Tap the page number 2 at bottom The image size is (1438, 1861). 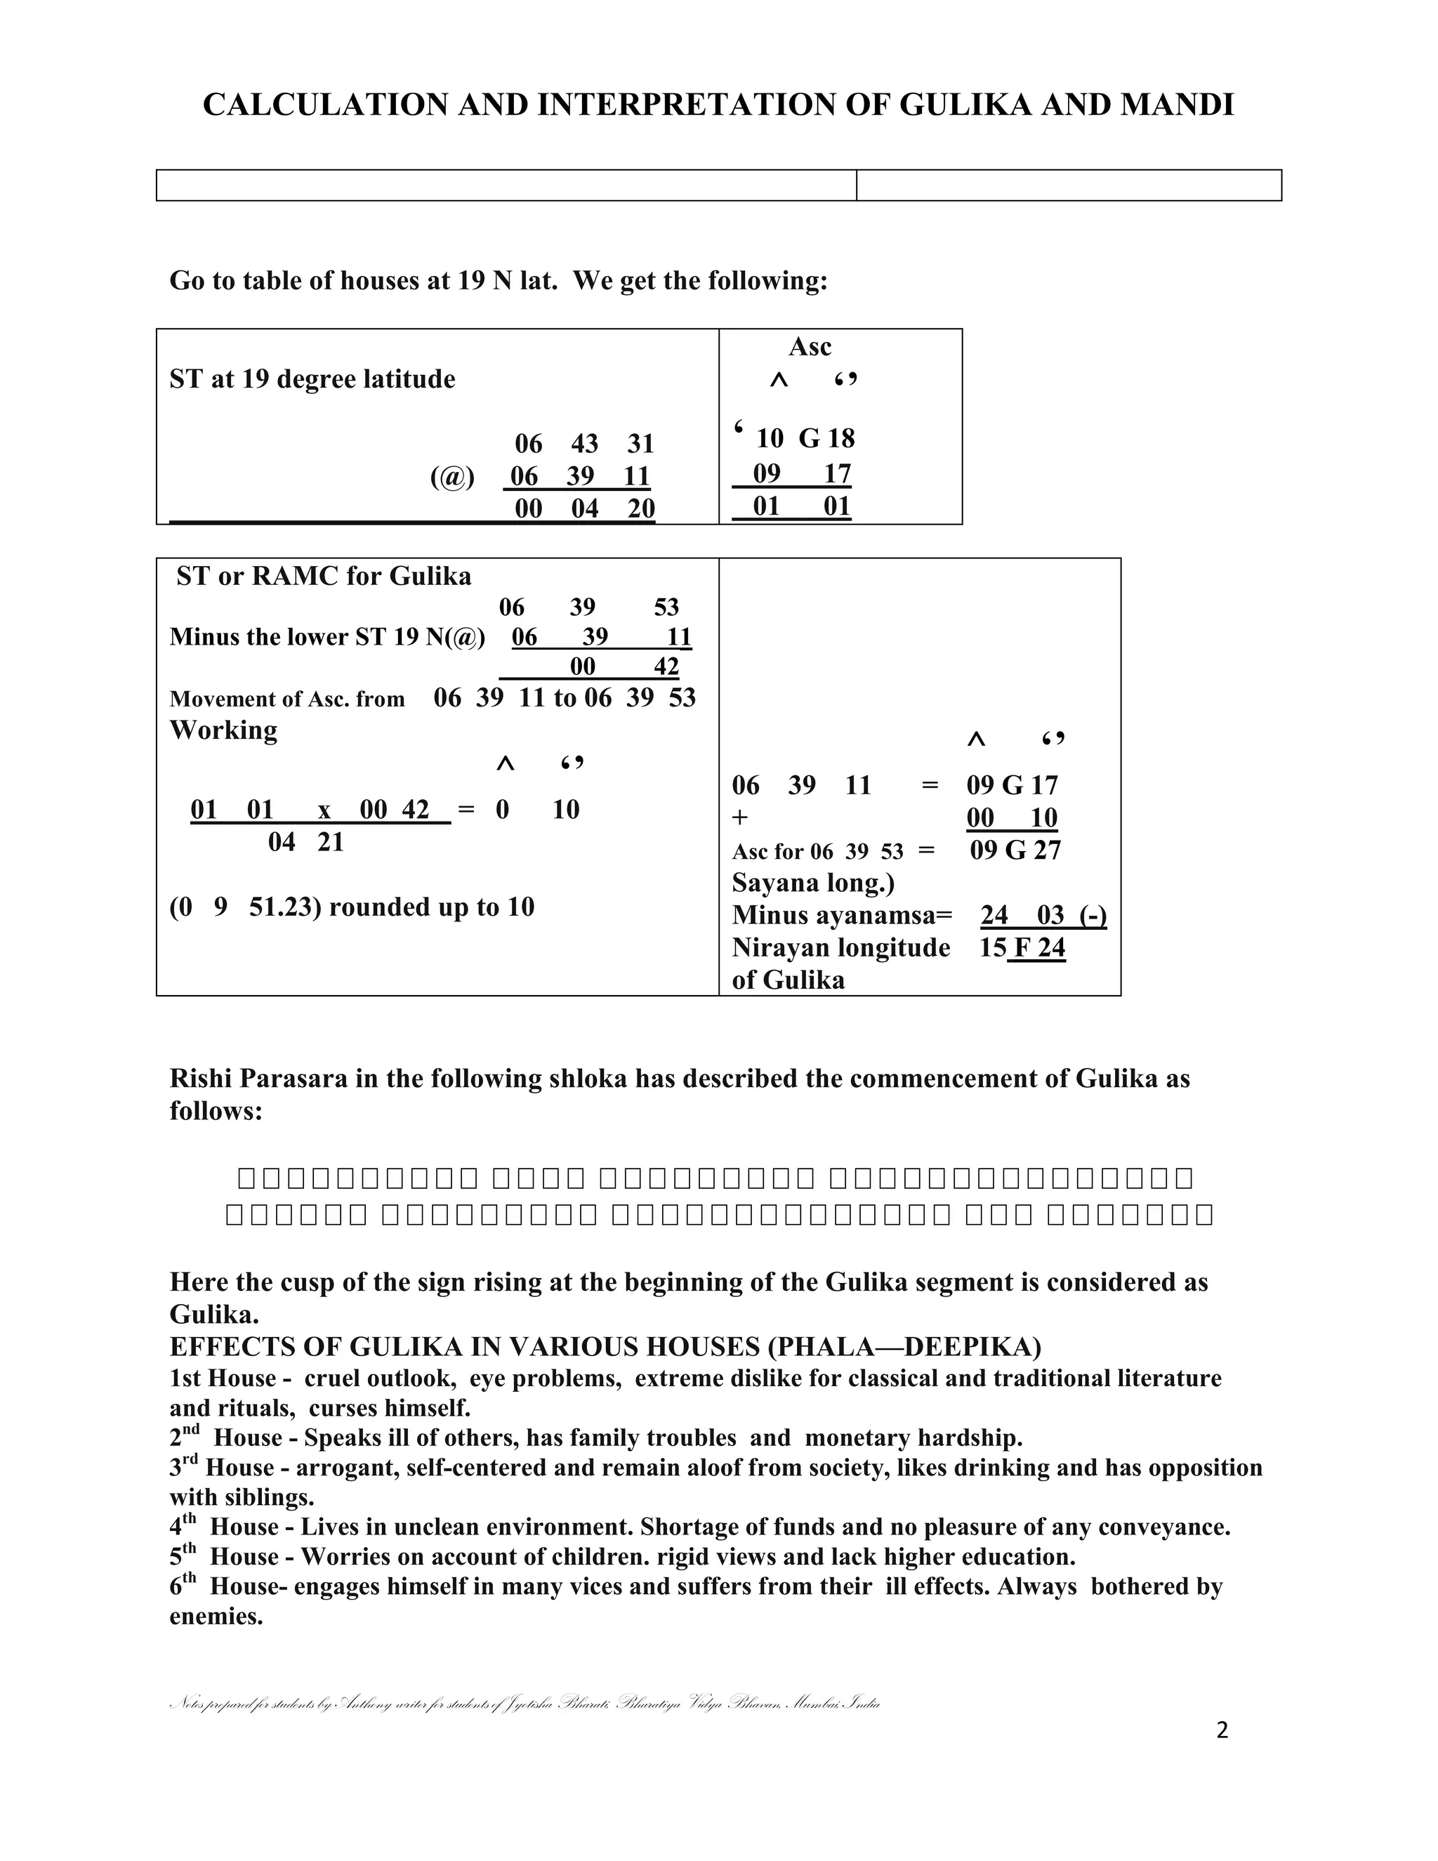1222,1730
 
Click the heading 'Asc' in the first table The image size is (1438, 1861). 810,347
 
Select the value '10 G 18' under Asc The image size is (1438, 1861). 804,439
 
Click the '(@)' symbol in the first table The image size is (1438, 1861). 452,476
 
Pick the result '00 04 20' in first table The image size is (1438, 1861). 584,508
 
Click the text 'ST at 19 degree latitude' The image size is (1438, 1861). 312,379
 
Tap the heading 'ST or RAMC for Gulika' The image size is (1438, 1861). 324,576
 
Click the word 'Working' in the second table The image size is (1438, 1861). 223,730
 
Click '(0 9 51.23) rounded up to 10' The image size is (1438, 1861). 352,907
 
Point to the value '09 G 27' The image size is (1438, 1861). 1015,850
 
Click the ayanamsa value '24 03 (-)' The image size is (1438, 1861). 1043,915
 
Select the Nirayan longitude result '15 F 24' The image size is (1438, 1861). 1022,947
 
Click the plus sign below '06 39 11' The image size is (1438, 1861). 739,818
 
